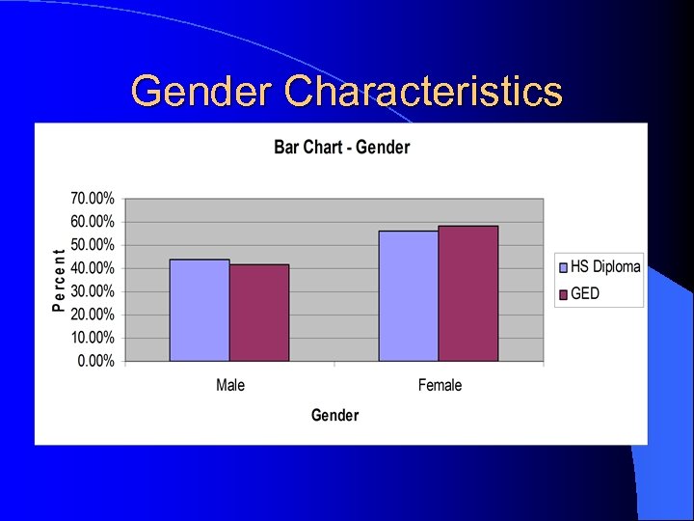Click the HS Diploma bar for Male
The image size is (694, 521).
click(x=200, y=310)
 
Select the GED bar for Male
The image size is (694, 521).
click(x=259, y=313)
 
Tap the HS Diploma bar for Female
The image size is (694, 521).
click(x=409, y=296)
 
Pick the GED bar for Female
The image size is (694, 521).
click(x=468, y=293)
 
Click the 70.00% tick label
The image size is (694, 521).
click(x=92, y=198)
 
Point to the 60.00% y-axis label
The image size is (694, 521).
click(x=92, y=221)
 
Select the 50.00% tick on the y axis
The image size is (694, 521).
click(x=92, y=244)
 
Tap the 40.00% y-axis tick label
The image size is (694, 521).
click(x=92, y=267)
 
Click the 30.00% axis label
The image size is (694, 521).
click(x=92, y=291)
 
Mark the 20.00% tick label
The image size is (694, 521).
click(x=92, y=315)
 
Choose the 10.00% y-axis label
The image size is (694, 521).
click(x=92, y=338)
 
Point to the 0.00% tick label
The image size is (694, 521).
click(x=95, y=361)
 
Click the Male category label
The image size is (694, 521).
click(x=230, y=385)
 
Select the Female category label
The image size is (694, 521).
click(x=440, y=385)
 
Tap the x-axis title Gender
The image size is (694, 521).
click(x=334, y=415)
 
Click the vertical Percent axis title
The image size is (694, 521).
click(x=58, y=280)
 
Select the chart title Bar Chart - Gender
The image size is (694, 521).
click(x=341, y=147)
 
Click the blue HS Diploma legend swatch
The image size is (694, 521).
click(x=563, y=267)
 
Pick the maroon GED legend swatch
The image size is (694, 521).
click(x=563, y=293)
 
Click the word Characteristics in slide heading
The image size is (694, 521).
click(x=423, y=92)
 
